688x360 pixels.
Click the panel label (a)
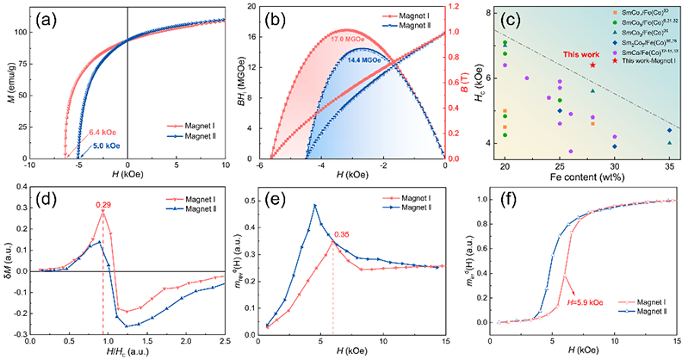(x=53, y=20)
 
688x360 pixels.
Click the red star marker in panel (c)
(x=592, y=65)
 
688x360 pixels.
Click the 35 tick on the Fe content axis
(x=669, y=164)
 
